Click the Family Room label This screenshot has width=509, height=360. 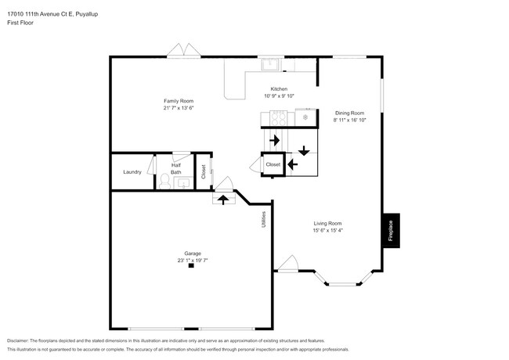point(179,101)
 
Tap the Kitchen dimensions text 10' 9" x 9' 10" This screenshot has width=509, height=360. point(279,96)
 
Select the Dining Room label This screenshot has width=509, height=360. point(349,113)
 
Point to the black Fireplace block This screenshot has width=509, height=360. point(391,230)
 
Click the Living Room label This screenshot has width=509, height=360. point(327,223)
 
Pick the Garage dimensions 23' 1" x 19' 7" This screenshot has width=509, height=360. point(192,260)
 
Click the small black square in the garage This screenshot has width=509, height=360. point(191,266)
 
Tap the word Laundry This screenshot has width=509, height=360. point(132,171)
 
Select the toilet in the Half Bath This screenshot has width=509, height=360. point(164,181)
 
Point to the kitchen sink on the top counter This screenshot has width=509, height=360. point(270,65)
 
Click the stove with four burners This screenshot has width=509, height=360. point(277,117)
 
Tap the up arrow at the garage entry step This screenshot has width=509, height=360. point(223,199)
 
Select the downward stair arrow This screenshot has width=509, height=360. point(303,150)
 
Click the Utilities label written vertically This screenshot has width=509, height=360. point(264,220)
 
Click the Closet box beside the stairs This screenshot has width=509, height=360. point(273,164)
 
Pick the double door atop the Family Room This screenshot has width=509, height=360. point(184,51)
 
